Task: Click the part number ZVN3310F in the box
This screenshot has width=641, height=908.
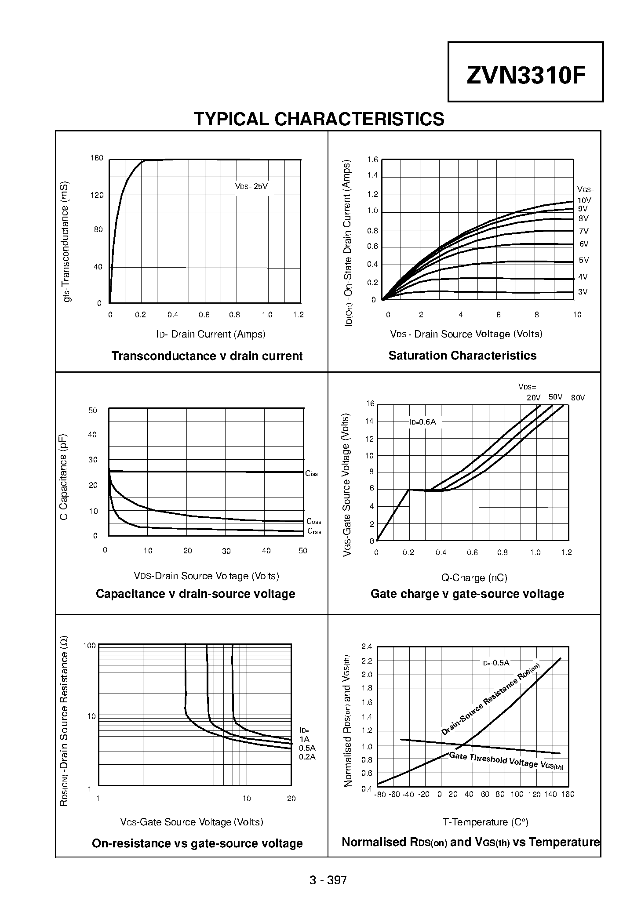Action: point(526,76)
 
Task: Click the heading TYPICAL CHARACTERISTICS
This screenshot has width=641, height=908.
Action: point(319,119)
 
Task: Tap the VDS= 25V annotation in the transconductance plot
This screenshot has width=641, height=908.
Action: point(251,186)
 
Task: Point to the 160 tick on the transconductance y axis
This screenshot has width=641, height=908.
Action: point(97,158)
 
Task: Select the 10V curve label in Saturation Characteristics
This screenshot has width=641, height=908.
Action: point(584,200)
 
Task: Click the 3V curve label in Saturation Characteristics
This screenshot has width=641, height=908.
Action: point(583,292)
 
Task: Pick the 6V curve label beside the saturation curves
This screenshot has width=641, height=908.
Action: point(583,244)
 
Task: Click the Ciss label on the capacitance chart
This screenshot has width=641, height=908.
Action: point(311,473)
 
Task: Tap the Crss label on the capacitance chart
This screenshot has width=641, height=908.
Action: point(314,531)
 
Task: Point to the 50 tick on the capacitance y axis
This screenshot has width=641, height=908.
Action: point(93,410)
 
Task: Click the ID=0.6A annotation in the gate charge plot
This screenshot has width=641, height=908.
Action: point(422,422)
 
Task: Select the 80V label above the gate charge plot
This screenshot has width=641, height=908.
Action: point(578,398)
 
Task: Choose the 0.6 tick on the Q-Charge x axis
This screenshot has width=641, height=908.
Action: point(472,552)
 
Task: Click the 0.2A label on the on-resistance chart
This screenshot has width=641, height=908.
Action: point(307,757)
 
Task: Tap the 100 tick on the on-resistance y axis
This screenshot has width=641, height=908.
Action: point(89,646)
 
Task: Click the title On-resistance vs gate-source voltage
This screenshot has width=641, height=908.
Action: point(197,843)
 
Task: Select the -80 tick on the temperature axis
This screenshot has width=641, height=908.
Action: point(380,794)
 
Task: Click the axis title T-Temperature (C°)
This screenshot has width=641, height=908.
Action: point(485,822)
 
